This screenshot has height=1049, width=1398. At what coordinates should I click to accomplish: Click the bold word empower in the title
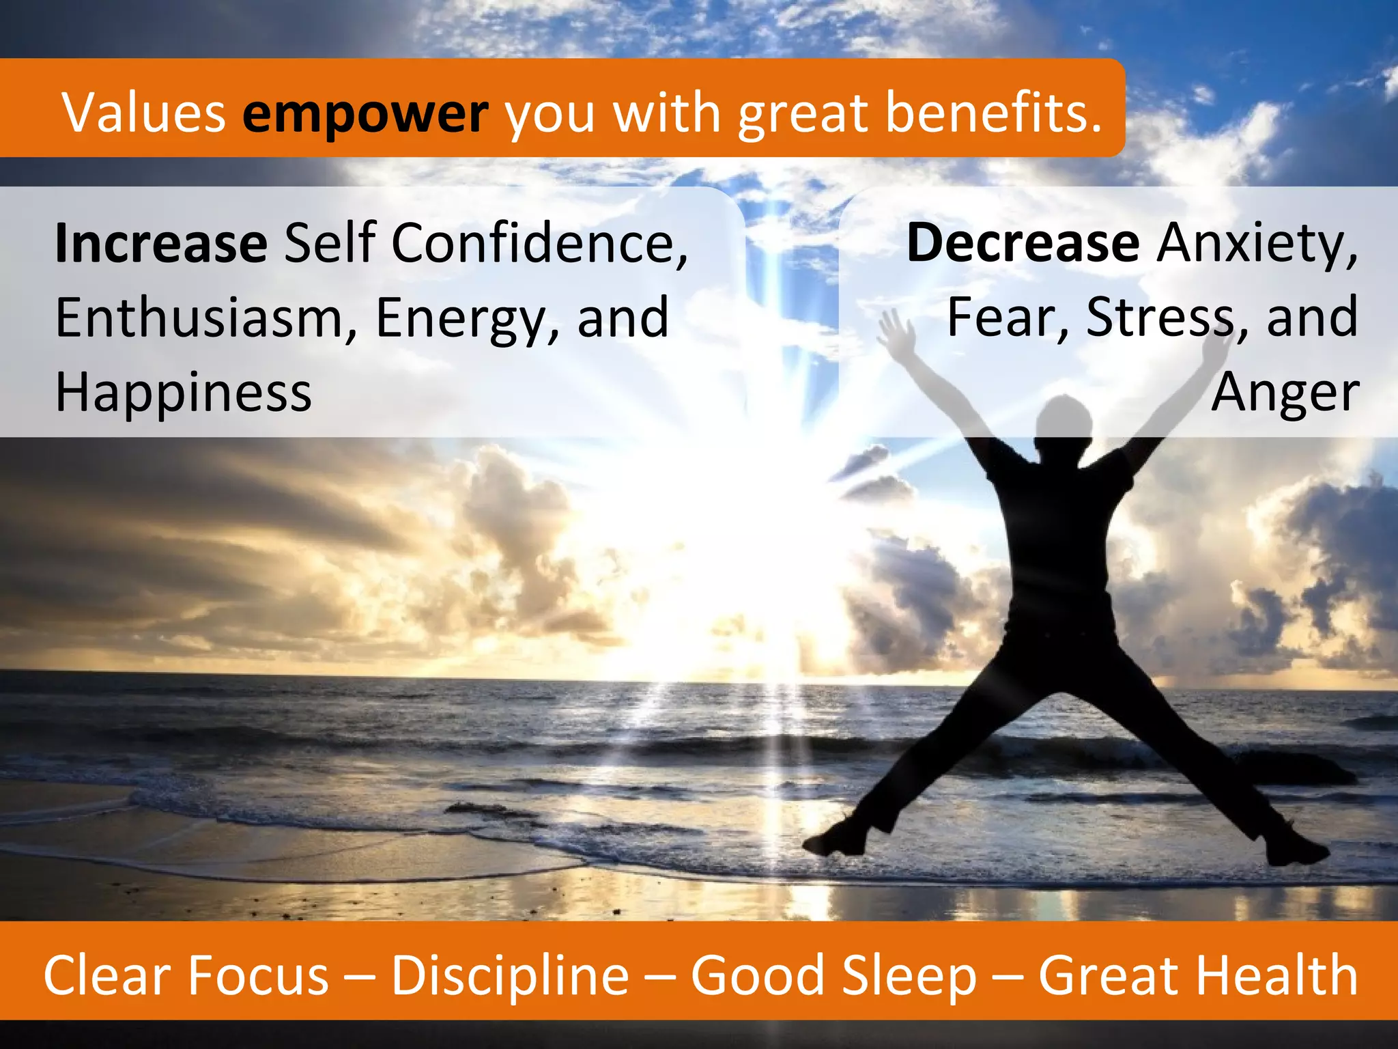(365, 113)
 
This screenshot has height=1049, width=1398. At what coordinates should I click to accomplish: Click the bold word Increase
(161, 243)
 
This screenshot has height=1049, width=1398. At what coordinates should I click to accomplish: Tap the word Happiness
(183, 393)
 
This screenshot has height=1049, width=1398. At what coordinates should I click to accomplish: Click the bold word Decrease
(1023, 243)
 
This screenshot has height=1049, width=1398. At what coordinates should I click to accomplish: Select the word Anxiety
(1256, 244)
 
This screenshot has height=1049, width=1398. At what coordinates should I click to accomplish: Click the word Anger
(1285, 394)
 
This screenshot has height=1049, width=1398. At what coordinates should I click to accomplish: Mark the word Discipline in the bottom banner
(510, 975)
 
